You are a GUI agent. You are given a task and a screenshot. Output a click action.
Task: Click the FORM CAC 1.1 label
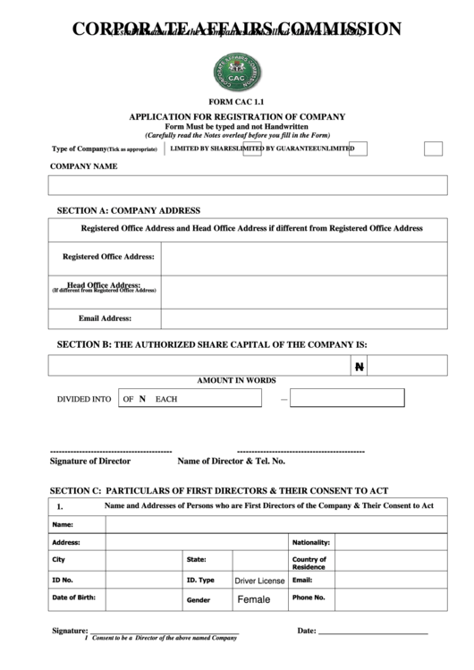(x=236, y=104)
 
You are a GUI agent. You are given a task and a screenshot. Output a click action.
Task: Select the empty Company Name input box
(x=248, y=185)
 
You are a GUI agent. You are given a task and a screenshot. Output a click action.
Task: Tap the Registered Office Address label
(x=108, y=257)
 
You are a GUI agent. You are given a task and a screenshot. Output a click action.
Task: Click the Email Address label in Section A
(x=105, y=318)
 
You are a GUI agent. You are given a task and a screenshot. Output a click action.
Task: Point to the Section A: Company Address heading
(x=129, y=210)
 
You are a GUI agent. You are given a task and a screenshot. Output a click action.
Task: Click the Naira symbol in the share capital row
(x=359, y=367)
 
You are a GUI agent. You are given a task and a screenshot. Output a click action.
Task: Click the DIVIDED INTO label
(x=84, y=399)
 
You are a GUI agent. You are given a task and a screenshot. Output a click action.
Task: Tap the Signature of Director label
(x=90, y=461)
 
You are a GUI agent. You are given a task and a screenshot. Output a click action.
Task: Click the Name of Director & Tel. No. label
(x=231, y=461)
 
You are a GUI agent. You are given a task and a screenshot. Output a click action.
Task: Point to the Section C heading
(x=218, y=490)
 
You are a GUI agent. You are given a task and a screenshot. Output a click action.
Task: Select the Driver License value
(x=259, y=581)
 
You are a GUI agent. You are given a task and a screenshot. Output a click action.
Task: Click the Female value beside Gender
(x=253, y=599)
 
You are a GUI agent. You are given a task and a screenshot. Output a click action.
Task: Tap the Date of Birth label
(x=74, y=597)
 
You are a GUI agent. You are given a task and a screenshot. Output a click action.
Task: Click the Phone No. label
(x=309, y=597)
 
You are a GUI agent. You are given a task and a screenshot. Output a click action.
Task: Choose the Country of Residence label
(x=309, y=563)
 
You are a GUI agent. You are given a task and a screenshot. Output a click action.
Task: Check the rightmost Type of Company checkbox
(x=433, y=148)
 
